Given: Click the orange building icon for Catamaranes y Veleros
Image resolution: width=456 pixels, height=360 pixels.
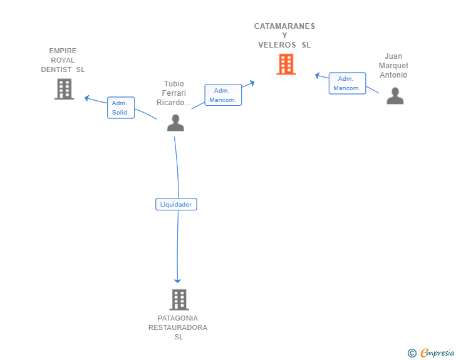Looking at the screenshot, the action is point(286,64).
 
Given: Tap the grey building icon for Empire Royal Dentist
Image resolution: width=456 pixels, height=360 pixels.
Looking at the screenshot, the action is point(65,89).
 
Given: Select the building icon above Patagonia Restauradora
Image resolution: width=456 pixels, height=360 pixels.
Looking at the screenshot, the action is point(179,299).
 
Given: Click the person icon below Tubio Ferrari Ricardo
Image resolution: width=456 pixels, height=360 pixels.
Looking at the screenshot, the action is point(175,123).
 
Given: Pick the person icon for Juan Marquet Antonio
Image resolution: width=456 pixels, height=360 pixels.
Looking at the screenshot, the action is point(395,96).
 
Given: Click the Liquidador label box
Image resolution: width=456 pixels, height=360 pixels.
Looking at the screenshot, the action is point(176,204).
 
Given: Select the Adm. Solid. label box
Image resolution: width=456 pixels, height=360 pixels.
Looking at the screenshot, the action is point(121,108).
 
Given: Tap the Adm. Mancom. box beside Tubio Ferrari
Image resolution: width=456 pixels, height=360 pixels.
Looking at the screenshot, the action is point(223,95).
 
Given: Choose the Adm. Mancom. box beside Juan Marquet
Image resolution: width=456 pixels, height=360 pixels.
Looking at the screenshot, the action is point(347,83).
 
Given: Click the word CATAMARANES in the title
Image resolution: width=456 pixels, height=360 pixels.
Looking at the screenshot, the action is point(284,26).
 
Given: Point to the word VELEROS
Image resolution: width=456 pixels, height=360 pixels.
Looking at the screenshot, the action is point(277,45).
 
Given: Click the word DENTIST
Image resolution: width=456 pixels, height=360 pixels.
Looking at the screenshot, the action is point(56,69).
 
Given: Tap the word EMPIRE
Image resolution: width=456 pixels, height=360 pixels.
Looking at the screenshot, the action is point(63,51).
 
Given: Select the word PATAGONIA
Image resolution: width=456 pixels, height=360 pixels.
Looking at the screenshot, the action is point(178,318).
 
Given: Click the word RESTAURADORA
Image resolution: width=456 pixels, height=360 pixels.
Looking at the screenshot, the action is point(178,327).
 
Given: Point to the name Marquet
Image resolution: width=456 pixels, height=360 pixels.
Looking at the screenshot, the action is point(393,66).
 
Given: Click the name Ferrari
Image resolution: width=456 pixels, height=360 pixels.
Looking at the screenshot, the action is point(174,93).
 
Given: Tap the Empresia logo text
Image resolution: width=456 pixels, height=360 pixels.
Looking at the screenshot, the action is point(437,352).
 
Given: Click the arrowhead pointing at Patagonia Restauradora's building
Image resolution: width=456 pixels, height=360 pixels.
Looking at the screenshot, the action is point(177,281).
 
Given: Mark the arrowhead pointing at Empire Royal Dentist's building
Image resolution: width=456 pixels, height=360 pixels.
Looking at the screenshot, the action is point(86,98).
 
